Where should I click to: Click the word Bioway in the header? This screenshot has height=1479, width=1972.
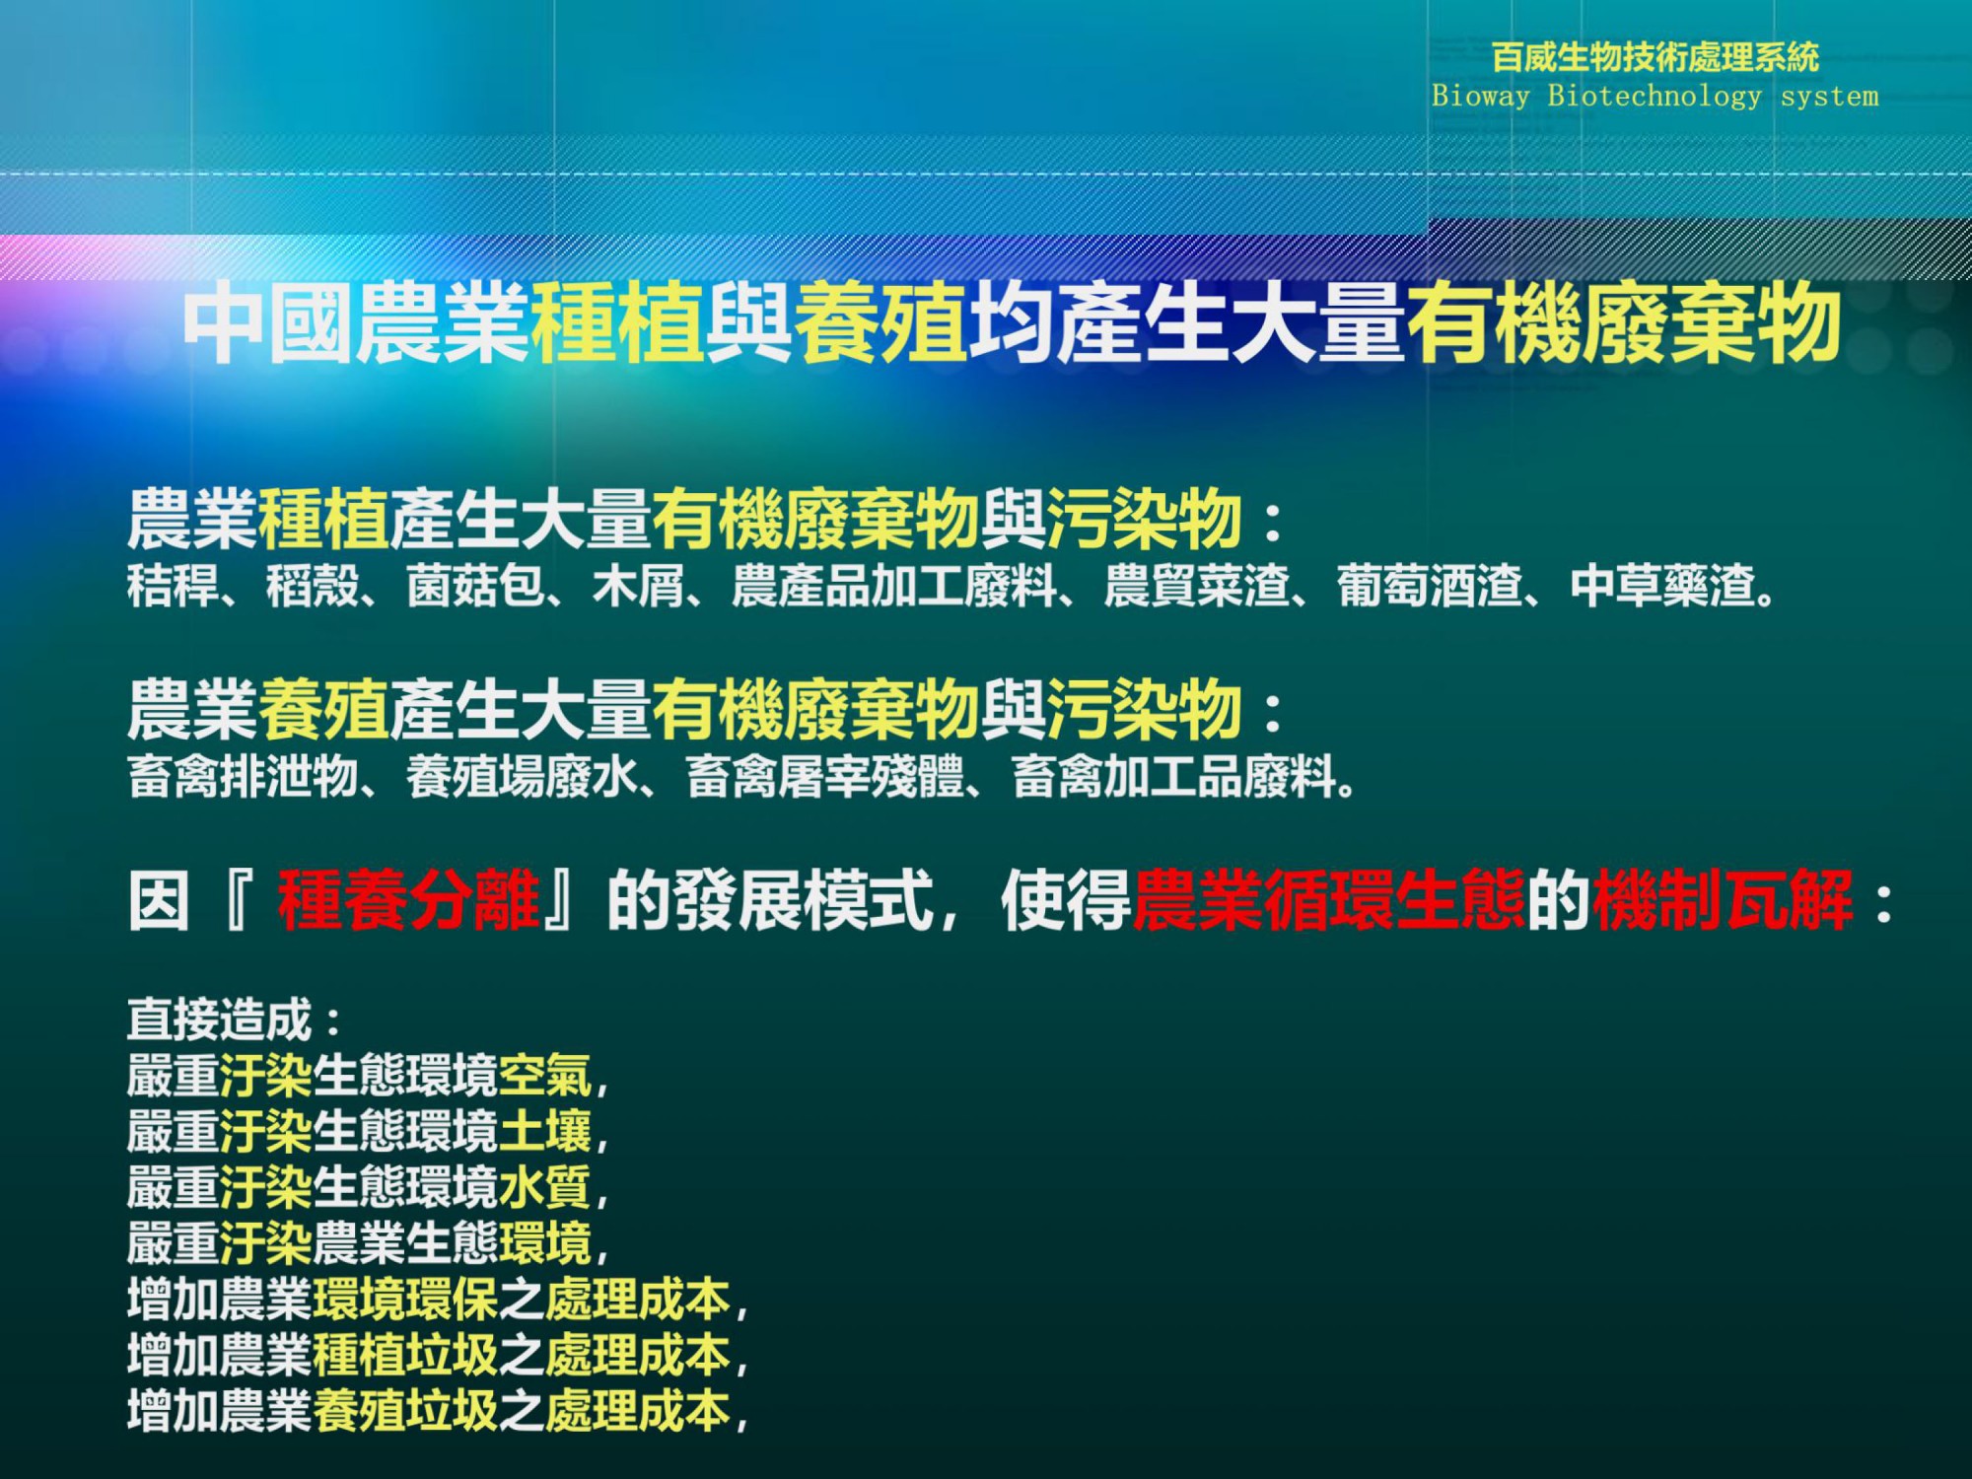(1481, 96)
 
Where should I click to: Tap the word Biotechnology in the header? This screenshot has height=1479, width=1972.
(1655, 96)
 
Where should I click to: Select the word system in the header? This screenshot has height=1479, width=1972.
(1830, 97)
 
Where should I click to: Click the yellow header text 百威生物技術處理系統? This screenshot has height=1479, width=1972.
(1655, 57)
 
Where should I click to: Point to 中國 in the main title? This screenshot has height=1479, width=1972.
(267, 322)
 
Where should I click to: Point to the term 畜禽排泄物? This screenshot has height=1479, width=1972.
(243, 776)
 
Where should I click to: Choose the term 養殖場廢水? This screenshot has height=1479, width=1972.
(523, 776)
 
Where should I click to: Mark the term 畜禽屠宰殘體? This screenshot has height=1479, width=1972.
(824, 776)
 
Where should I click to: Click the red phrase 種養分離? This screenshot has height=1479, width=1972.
(408, 899)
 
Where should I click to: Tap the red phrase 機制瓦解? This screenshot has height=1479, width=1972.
(1723, 899)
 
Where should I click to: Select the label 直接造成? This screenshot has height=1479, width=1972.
(220, 1020)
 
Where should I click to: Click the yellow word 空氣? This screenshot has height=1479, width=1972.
(545, 1076)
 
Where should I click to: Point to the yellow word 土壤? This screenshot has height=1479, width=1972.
(545, 1131)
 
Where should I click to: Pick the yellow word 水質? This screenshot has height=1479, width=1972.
(545, 1187)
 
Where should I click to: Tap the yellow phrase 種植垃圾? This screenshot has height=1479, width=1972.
(405, 1355)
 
